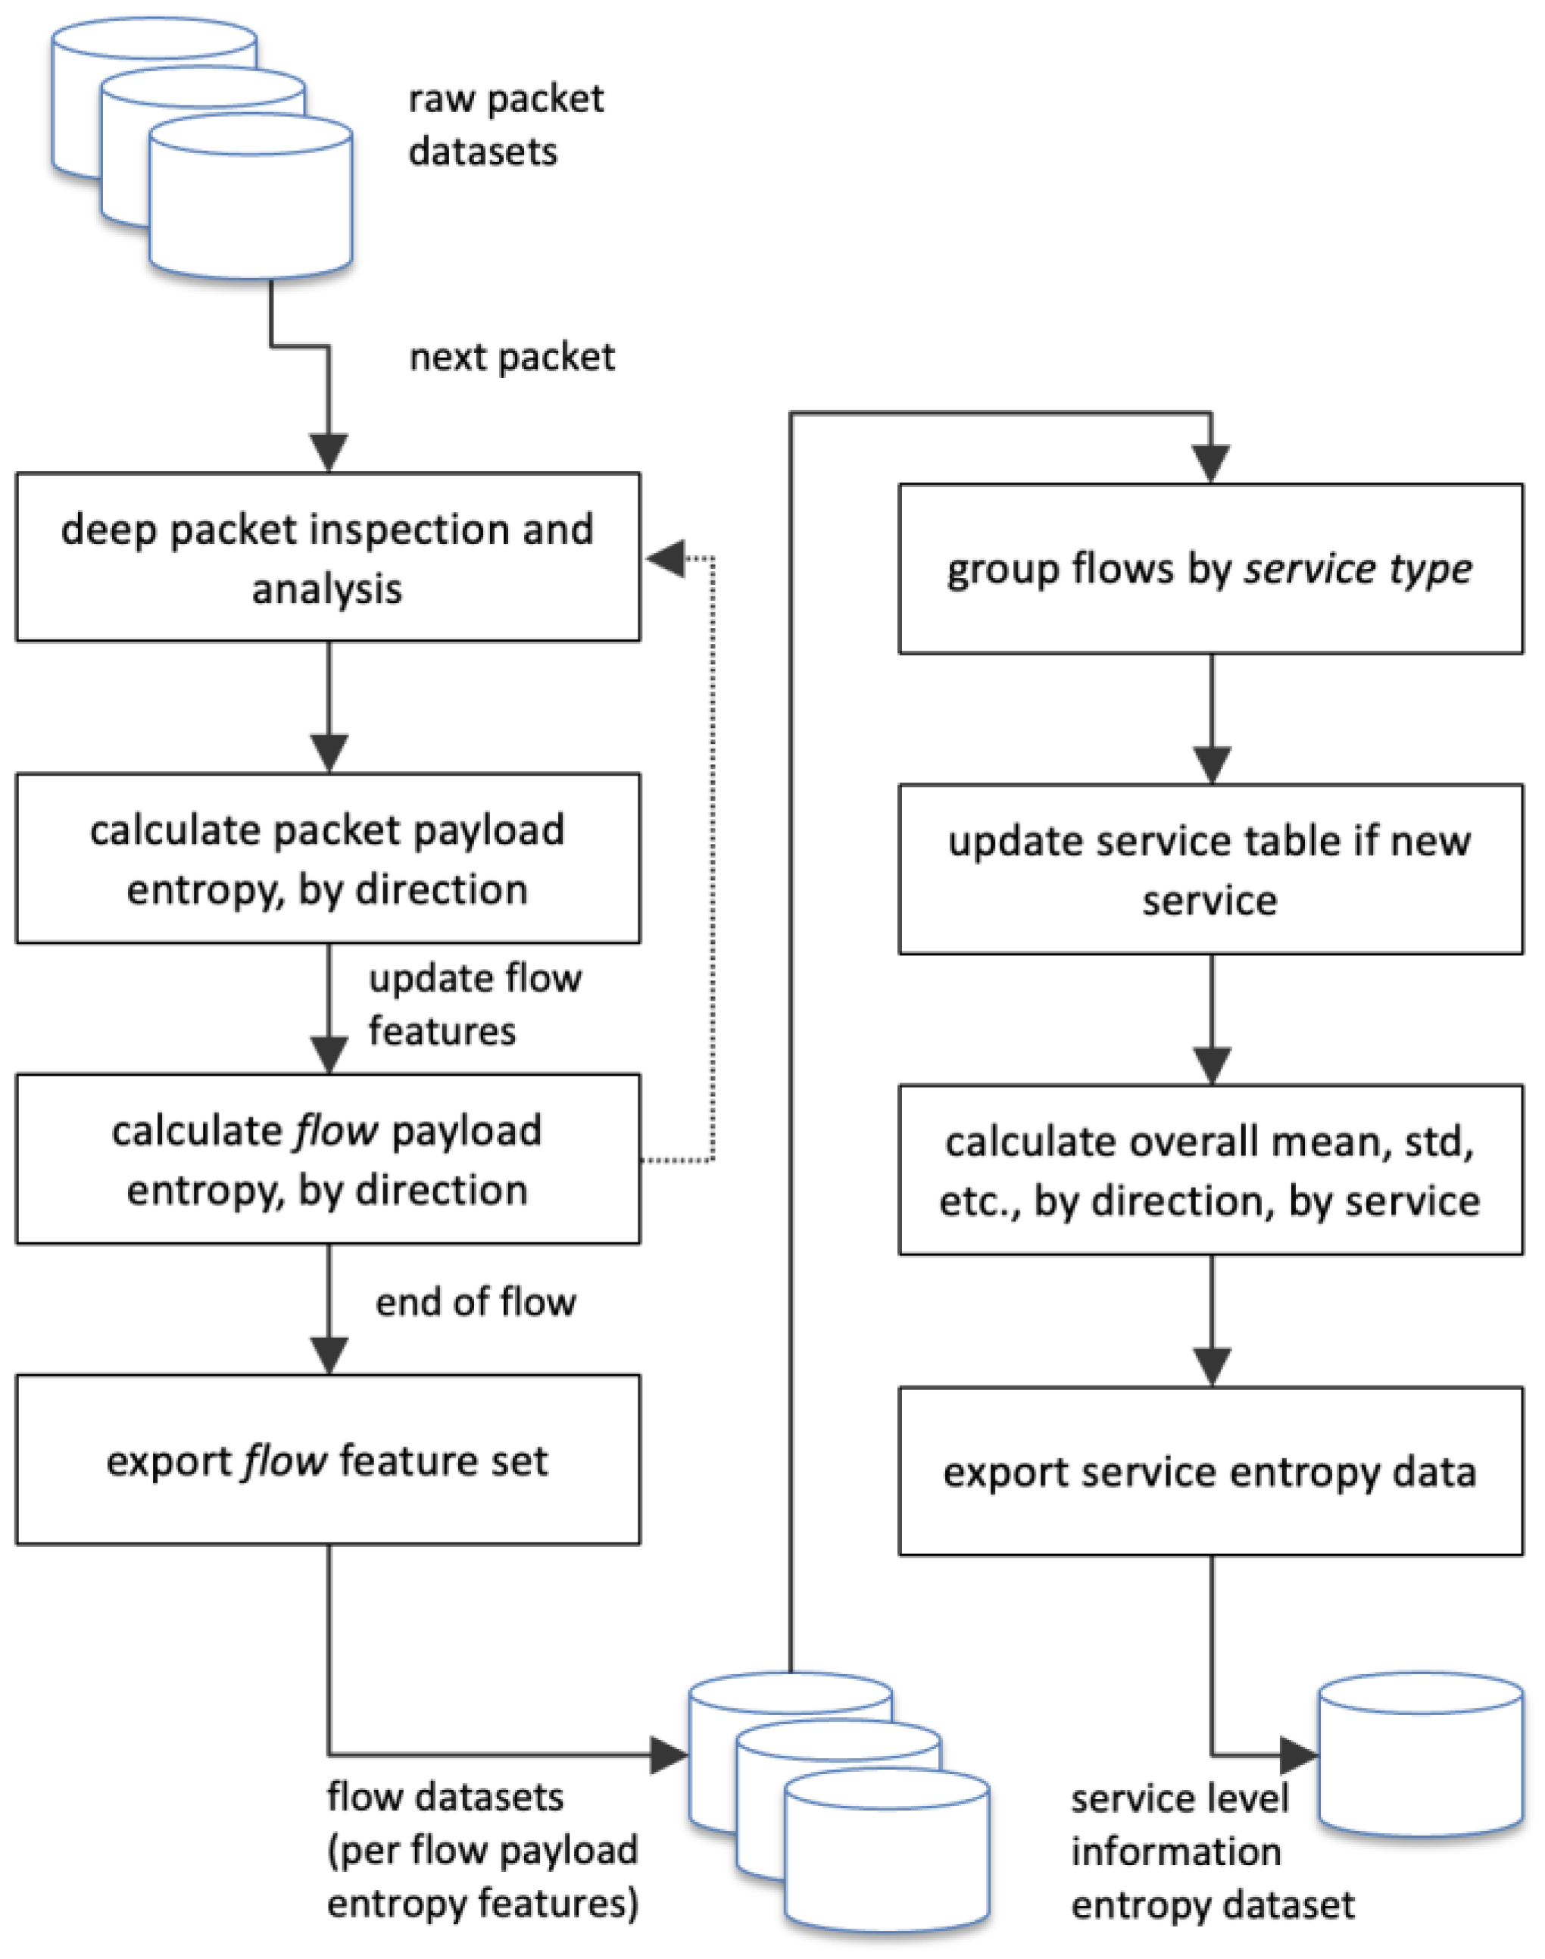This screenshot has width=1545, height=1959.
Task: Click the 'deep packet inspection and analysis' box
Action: click(x=327, y=558)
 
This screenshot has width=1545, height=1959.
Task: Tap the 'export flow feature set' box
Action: click(x=327, y=1460)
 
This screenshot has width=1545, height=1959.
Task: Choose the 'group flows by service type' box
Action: click(x=1210, y=568)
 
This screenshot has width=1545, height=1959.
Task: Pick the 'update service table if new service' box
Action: click(x=1210, y=869)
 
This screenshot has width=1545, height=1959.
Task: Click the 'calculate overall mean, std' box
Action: click(x=1210, y=1170)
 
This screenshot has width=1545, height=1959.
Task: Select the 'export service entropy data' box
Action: click(x=1210, y=1471)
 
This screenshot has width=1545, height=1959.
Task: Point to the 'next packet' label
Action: click(x=512, y=358)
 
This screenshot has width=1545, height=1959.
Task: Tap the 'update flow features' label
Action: click(x=474, y=1004)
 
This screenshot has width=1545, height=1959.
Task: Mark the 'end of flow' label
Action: click(x=476, y=1302)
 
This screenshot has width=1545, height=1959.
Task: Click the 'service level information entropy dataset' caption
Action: click(x=1194, y=1851)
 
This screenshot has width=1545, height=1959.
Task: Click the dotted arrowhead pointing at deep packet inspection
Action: click(x=666, y=558)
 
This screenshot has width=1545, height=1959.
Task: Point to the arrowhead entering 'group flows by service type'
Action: click(x=1211, y=465)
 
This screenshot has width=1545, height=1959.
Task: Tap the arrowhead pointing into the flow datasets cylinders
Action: click(x=669, y=1755)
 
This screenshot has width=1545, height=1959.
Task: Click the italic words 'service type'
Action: click(x=1358, y=569)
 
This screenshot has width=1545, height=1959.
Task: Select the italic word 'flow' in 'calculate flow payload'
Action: click(x=325, y=1131)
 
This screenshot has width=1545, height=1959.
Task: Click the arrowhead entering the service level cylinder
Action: click(x=1298, y=1755)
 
